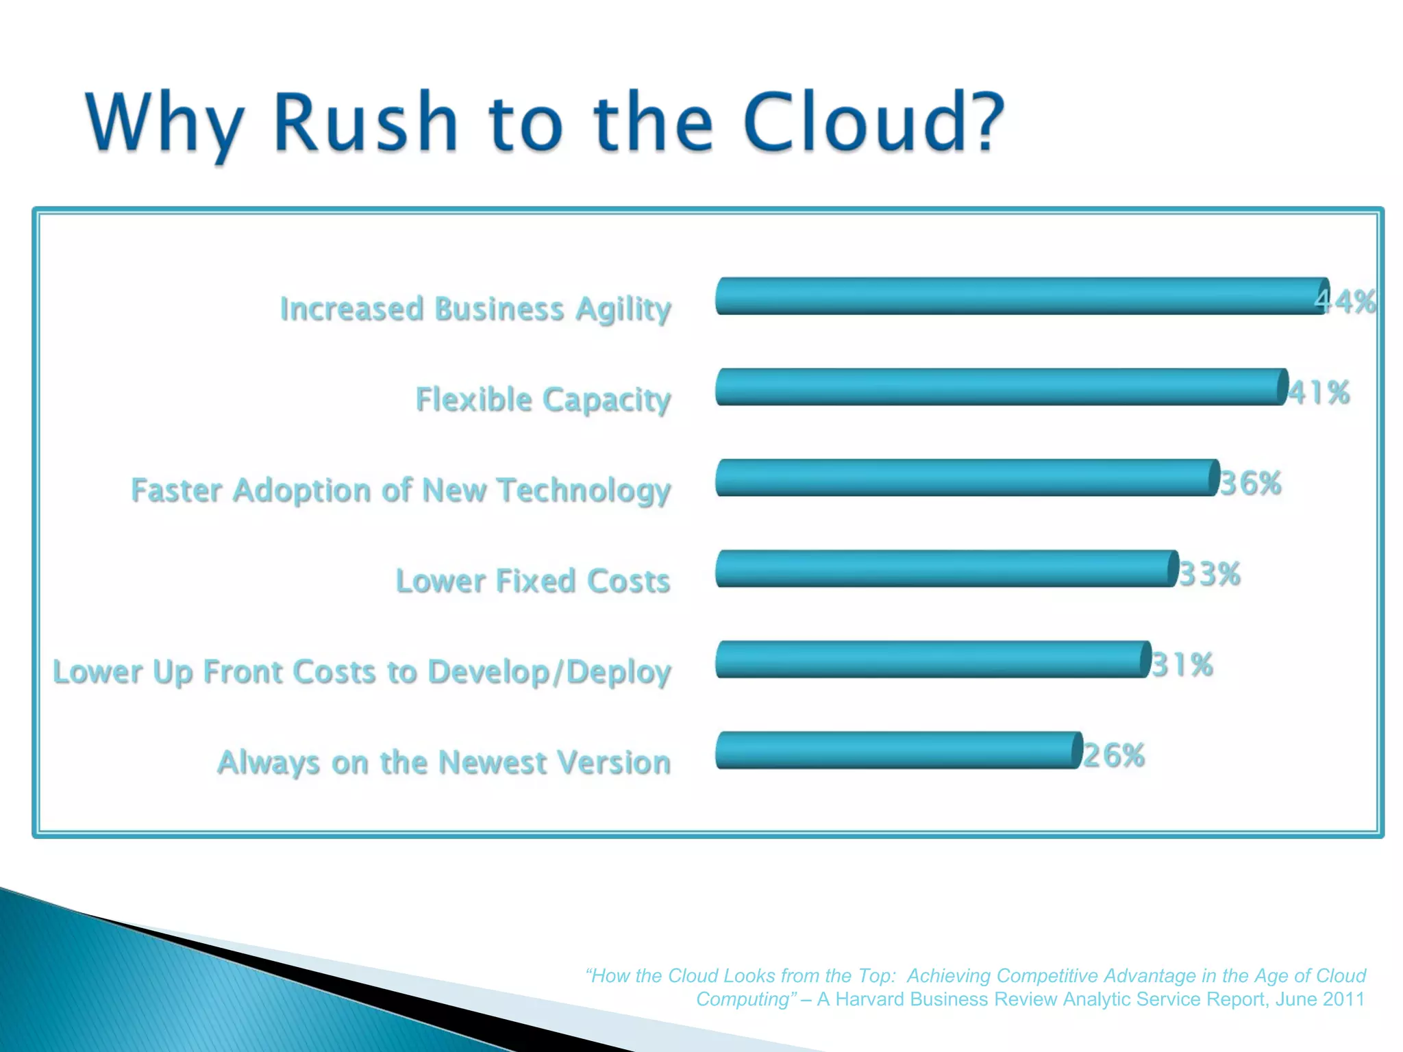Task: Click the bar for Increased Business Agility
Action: point(1021,296)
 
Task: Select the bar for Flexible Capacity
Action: point(1000,387)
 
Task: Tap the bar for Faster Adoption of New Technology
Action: point(966,477)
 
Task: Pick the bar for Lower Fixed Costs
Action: point(945,568)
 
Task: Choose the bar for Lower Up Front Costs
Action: point(932,659)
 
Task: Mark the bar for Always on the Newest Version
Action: point(897,750)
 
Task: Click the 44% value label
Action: point(1345,301)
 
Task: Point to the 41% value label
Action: point(1319,393)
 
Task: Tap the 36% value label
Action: point(1250,484)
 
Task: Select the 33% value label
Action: point(1210,574)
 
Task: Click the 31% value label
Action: point(1182,665)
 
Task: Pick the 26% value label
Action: point(1114,755)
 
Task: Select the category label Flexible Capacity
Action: point(543,399)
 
